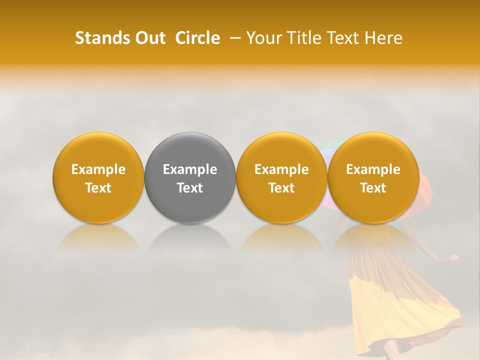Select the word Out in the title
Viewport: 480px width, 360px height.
148,38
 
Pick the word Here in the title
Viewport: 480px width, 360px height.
384,38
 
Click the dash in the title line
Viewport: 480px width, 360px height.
233,38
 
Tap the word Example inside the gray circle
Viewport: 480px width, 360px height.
190,169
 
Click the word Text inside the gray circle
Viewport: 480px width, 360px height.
190,188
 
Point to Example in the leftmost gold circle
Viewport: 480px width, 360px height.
98,169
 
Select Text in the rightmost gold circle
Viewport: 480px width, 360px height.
373,188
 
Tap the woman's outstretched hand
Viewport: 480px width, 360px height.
453,258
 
